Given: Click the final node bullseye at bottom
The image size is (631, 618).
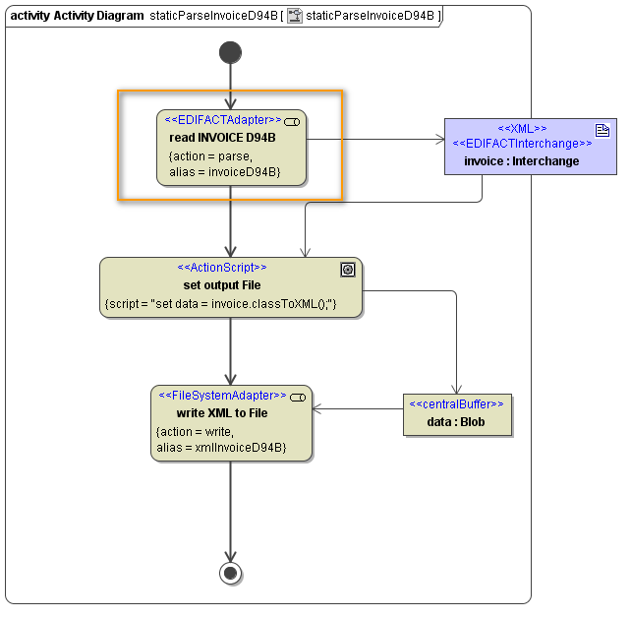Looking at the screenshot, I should tap(231, 574).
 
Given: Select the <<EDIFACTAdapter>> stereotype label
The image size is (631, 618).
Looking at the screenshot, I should tap(223, 120).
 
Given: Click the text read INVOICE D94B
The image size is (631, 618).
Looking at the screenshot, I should tap(222, 138).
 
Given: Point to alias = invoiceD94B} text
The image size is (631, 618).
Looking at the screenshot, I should tap(225, 172).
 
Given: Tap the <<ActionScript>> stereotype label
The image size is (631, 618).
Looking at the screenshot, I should tap(221, 268).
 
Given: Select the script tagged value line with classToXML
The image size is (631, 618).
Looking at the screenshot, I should tap(220, 304).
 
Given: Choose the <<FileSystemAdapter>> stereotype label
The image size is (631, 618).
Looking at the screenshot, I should tap(222, 396).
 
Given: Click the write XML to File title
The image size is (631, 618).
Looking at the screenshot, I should tap(222, 413).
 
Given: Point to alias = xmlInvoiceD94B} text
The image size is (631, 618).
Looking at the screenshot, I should tap(221, 448).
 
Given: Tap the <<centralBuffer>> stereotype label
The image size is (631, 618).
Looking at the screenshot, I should tap(456, 404).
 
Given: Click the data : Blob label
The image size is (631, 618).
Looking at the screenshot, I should tap(456, 422).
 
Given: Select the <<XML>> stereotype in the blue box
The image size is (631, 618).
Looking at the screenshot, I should tap(522, 129).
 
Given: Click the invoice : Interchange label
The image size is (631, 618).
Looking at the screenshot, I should tap(522, 160).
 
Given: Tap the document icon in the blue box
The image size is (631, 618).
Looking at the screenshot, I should tap(602, 130).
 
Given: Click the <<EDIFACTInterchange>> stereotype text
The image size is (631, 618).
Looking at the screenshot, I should tap(522, 144).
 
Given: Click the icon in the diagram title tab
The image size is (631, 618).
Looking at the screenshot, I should tap(295, 16).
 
